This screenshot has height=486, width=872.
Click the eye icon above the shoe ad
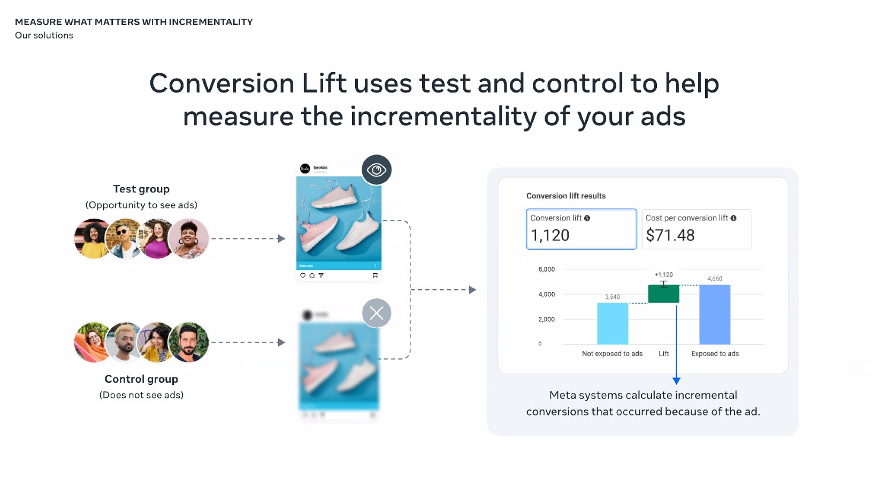(377, 170)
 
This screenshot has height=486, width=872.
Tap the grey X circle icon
(377, 313)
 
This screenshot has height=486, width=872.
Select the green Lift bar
(663, 294)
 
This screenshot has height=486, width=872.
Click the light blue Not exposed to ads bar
(613, 323)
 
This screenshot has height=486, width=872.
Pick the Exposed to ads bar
(715, 314)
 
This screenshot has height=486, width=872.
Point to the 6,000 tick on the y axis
(546, 269)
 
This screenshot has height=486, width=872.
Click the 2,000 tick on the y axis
(546, 319)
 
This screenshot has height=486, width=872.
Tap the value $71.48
(670, 235)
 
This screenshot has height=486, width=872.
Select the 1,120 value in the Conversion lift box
(550, 235)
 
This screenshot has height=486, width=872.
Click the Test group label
(141, 189)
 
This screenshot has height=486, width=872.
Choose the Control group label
(141, 379)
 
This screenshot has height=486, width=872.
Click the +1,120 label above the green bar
(663, 275)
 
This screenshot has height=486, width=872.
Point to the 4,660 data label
(715, 279)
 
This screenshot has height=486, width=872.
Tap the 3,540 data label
(613, 297)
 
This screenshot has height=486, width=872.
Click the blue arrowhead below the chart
(676, 381)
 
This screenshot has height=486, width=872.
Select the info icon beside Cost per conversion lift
(733, 218)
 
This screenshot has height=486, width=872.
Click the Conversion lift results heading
(566, 196)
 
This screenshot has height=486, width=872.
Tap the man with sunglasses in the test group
(124, 238)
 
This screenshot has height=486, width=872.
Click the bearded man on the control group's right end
(188, 342)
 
